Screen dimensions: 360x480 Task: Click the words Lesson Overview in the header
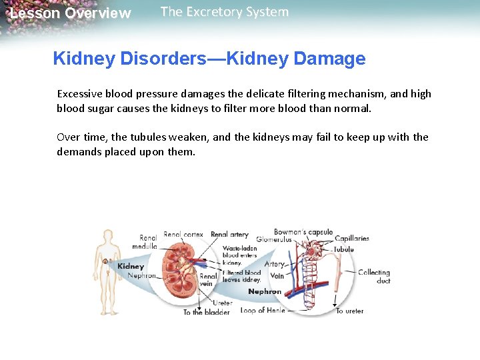[70, 13]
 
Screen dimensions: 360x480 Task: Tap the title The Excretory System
[225, 12]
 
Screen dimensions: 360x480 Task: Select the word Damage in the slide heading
[329, 59]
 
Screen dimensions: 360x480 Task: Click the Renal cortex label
[183, 235]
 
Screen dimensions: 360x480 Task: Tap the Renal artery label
[229, 235]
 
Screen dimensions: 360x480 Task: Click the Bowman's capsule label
[303, 233]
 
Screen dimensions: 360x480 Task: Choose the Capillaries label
[352, 239]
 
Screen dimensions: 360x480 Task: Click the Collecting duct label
[373, 276]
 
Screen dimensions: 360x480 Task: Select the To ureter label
[350, 311]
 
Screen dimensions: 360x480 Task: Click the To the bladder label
[207, 312]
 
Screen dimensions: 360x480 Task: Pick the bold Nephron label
[265, 291]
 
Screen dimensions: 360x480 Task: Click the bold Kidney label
[131, 266]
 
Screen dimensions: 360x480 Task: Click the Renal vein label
[208, 280]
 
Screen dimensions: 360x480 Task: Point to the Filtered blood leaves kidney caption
[241, 276]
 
